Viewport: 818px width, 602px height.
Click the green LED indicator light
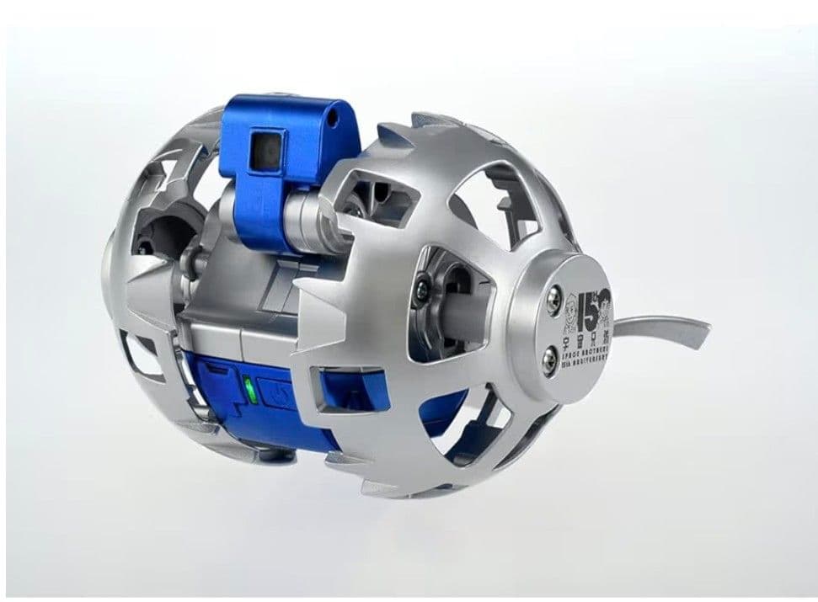pyautogui.click(x=248, y=390)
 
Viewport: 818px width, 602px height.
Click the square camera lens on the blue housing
pyautogui.click(x=263, y=149)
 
